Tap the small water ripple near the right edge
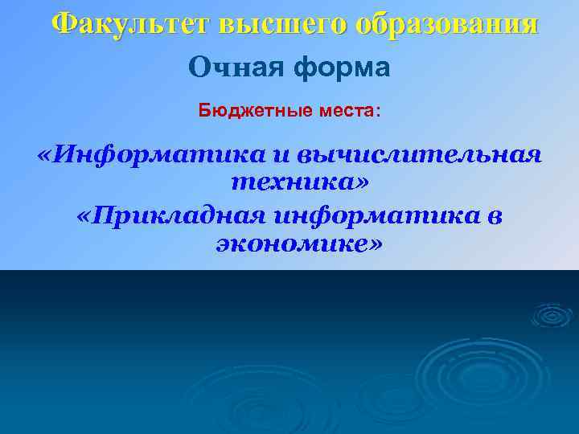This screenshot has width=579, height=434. coord(552,314)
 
